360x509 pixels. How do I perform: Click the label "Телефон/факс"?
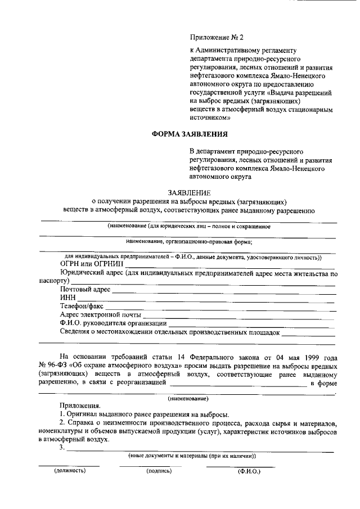coord(82,307)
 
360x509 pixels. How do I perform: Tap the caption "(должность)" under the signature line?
coord(70,470)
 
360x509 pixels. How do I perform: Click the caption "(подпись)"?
coord(158,470)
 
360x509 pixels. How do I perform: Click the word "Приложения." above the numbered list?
coord(80,406)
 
